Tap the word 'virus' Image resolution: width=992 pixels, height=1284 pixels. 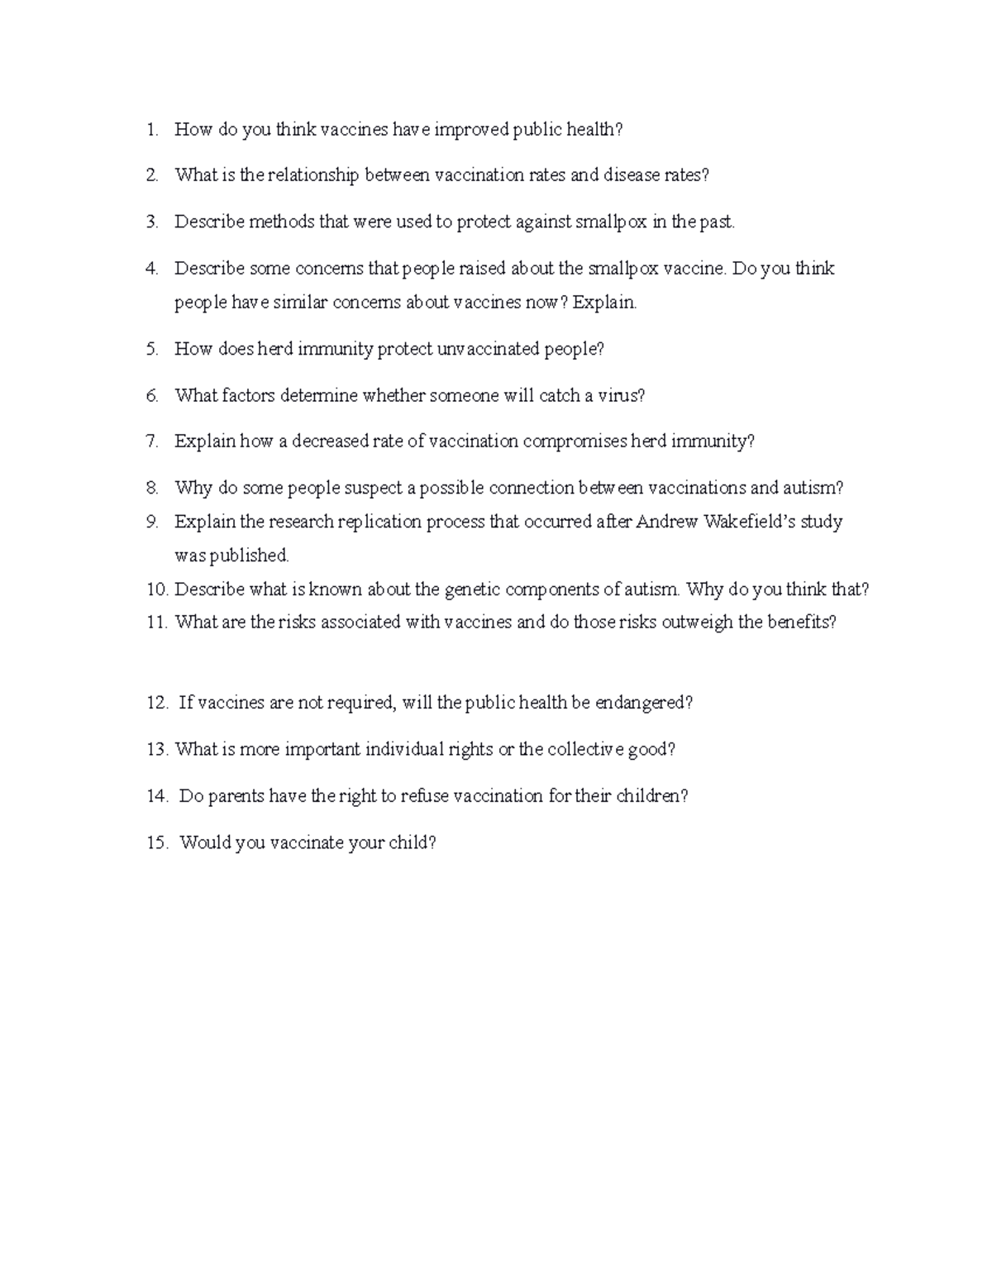621,395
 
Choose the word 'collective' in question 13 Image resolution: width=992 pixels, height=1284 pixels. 584,750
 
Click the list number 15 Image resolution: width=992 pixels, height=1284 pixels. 156,843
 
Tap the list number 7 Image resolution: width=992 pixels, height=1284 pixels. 151,442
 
